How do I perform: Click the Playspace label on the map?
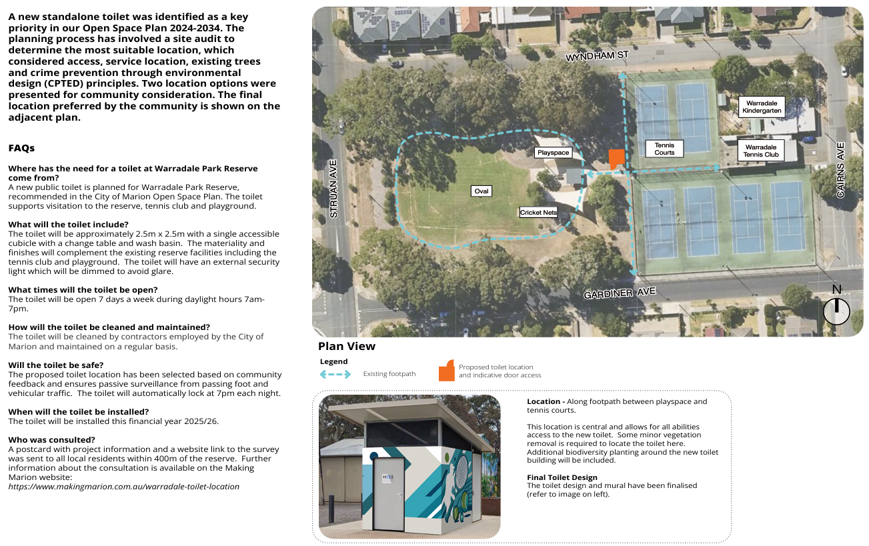click(554, 153)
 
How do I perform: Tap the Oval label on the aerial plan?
click(481, 191)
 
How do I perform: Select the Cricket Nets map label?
click(538, 213)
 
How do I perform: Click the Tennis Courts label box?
click(664, 149)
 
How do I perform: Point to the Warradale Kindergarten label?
click(762, 107)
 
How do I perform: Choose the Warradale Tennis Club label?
click(761, 151)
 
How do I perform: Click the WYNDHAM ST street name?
click(597, 56)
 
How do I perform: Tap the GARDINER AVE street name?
click(620, 293)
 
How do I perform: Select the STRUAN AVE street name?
click(334, 189)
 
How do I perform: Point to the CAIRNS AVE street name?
click(840, 170)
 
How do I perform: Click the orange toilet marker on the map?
click(616, 159)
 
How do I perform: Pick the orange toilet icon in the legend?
click(446, 372)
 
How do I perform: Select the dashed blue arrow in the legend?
click(335, 374)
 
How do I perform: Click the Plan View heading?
click(347, 346)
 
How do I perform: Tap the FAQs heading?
click(21, 148)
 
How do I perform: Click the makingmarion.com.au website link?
click(123, 487)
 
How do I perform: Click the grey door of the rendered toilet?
click(388, 494)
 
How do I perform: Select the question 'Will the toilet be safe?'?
click(56, 365)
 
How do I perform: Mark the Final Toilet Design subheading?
click(562, 477)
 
